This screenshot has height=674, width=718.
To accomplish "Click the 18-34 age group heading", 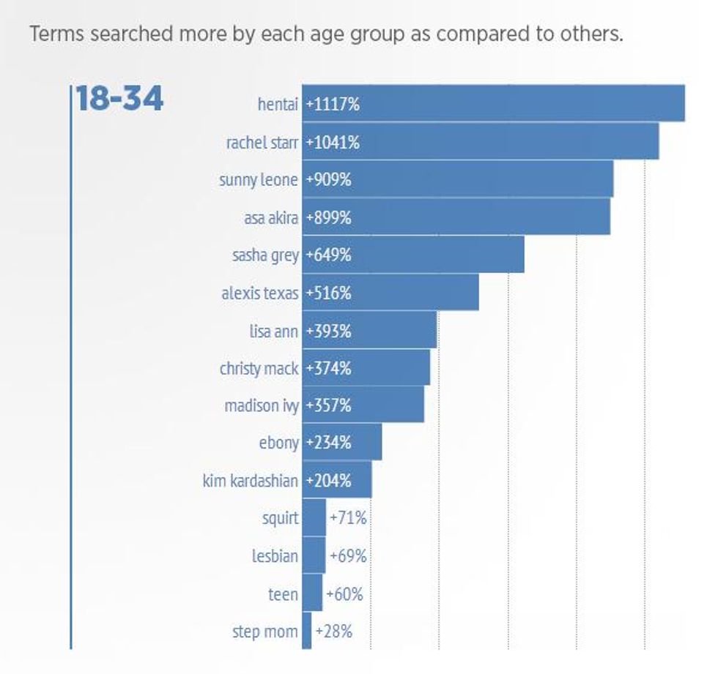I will pyautogui.click(x=119, y=99).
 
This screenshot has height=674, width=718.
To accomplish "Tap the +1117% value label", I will pyautogui.click(x=333, y=104).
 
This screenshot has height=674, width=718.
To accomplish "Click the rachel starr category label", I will pyautogui.click(x=262, y=142).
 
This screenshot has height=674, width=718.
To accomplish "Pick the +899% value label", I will pyautogui.click(x=329, y=217).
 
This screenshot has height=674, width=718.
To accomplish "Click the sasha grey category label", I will pyautogui.click(x=265, y=255).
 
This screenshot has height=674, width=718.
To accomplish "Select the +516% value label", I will pyautogui.click(x=329, y=293).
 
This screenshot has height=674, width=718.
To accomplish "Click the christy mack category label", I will pyautogui.click(x=259, y=368).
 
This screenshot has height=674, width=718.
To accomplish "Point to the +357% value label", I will pyautogui.click(x=329, y=405).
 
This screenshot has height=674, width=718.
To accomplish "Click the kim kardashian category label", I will pyautogui.click(x=251, y=481).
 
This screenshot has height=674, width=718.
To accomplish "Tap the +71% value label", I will pyautogui.click(x=348, y=518).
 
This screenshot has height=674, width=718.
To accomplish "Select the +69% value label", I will pyautogui.click(x=348, y=556).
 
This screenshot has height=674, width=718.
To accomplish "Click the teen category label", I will pyautogui.click(x=283, y=594).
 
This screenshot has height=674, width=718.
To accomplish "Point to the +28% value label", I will pyautogui.click(x=333, y=631).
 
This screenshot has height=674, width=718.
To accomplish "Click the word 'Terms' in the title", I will pyautogui.click(x=51, y=34).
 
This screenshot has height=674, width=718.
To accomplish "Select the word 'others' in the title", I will pyautogui.click(x=590, y=34).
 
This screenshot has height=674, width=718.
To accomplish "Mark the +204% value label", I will pyautogui.click(x=329, y=481).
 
